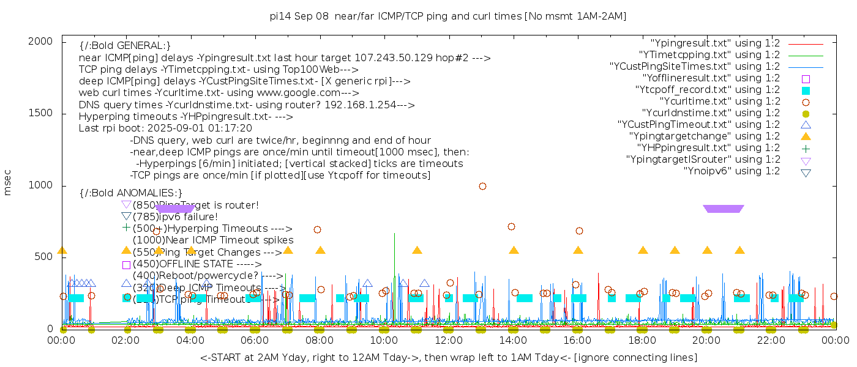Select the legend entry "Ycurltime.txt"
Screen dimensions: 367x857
(719, 102)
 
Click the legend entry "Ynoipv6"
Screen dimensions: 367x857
(732, 171)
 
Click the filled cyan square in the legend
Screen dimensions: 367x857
(806, 90)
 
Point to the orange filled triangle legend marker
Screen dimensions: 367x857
(806, 136)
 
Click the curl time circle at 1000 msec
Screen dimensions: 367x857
(482, 186)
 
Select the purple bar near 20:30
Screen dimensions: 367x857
(724, 209)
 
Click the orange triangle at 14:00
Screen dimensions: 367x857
(514, 250)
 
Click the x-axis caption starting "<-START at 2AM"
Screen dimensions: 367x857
(448, 357)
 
